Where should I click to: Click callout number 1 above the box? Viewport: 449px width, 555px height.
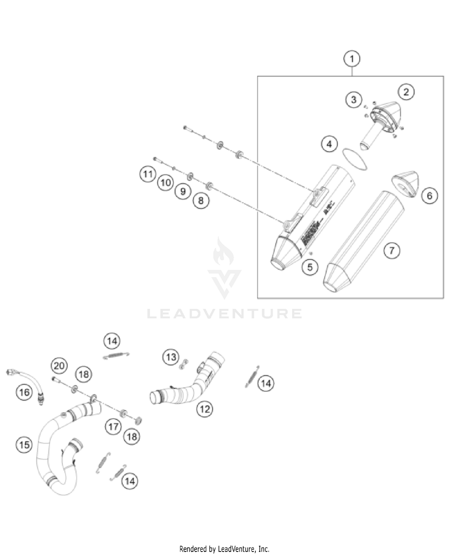pyautogui.click(x=352, y=59)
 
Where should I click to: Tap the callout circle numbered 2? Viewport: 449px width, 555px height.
pyautogui.click(x=406, y=92)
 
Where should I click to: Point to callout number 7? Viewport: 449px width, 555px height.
pyautogui.click(x=392, y=250)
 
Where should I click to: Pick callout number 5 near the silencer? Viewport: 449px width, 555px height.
pyautogui.click(x=310, y=267)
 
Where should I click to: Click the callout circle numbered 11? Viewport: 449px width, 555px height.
pyautogui.click(x=148, y=174)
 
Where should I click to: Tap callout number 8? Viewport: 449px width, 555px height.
pyautogui.click(x=201, y=200)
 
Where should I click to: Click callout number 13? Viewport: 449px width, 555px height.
pyautogui.click(x=171, y=357)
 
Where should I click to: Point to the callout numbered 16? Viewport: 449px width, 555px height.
pyautogui.click(x=24, y=392)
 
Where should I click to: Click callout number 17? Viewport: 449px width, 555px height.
pyautogui.click(x=113, y=426)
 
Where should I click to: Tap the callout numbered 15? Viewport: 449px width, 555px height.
pyautogui.click(x=24, y=445)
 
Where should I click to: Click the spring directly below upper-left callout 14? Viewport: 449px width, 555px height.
pyautogui.click(x=116, y=356)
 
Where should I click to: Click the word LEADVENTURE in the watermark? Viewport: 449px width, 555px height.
pyautogui.click(x=224, y=314)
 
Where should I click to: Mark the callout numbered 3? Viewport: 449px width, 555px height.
pyautogui.click(x=354, y=99)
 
